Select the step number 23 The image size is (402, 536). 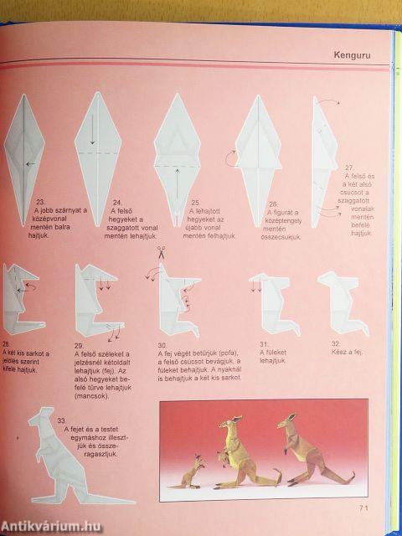[x=41, y=202]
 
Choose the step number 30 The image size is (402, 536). [x=162, y=343]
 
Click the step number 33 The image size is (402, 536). [x=60, y=420]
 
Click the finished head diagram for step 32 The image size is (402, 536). [x=340, y=302]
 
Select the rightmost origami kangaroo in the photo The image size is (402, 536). [x=301, y=456]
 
